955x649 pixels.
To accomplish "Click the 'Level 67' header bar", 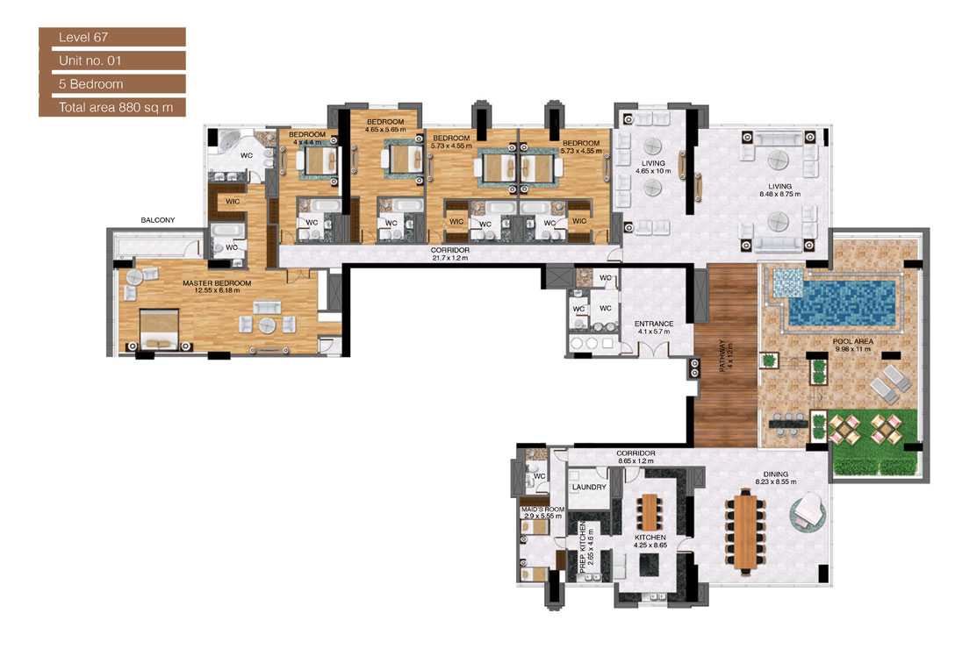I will [111, 37].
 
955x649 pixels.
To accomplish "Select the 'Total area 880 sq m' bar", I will [111, 108].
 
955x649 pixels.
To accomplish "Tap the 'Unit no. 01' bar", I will [111, 61].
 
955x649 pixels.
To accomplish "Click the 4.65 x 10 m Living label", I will [653, 167].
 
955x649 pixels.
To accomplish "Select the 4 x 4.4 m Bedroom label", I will [307, 139].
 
